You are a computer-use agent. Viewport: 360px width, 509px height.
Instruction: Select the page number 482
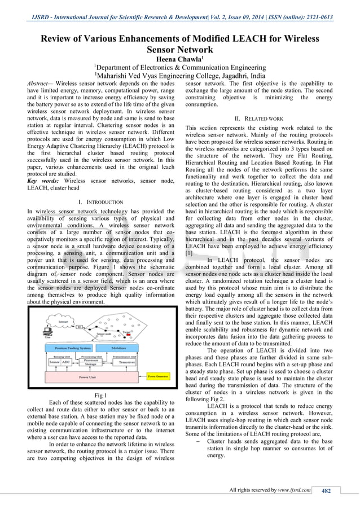326,490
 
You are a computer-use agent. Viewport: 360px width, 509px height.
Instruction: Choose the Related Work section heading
260,119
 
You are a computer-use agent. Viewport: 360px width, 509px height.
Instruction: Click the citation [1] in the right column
190,238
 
